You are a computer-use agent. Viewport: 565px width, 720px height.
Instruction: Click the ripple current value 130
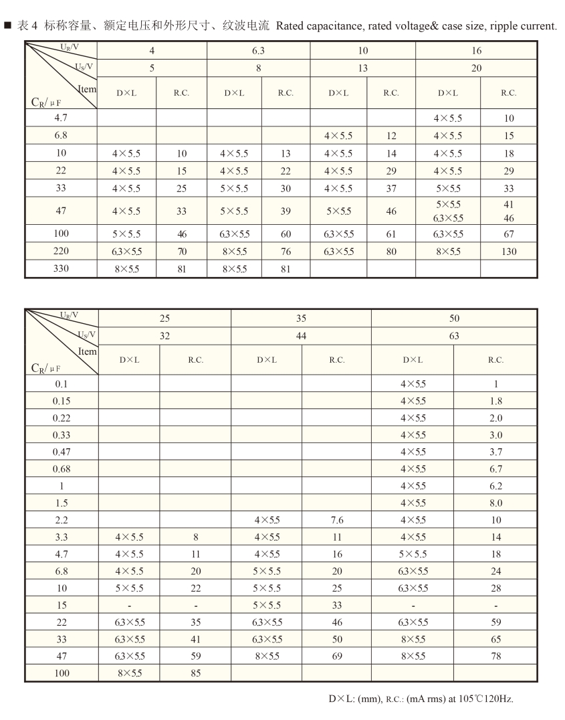pos(508,252)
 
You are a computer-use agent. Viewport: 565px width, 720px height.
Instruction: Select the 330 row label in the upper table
pos(61,268)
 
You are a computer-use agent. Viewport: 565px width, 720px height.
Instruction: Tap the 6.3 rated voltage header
pos(259,50)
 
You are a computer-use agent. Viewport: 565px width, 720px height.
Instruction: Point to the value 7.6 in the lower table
pos(336,519)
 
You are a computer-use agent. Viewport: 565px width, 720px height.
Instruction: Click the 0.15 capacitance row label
pos(62,401)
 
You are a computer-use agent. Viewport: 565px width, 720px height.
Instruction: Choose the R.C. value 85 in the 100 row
pos(195,672)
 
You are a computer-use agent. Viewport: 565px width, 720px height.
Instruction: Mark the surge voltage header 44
pos(301,336)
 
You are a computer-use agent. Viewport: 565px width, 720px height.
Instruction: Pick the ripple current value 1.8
pos(495,401)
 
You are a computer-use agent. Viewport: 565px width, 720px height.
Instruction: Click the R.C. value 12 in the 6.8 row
pos(391,136)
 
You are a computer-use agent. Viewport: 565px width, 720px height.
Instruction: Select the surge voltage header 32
pos(164,336)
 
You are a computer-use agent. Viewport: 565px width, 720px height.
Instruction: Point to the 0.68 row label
pos(62,468)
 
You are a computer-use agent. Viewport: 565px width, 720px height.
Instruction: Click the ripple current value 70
pos(182,252)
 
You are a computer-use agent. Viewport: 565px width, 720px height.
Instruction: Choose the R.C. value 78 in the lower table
pos(495,656)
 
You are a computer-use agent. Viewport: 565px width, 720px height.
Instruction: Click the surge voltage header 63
pos(454,336)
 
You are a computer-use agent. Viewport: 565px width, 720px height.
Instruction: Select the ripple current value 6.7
pos(495,468)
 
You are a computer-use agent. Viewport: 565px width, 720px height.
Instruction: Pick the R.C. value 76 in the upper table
pos(286,252)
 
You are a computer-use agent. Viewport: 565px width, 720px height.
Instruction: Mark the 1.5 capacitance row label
pos(62,503)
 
